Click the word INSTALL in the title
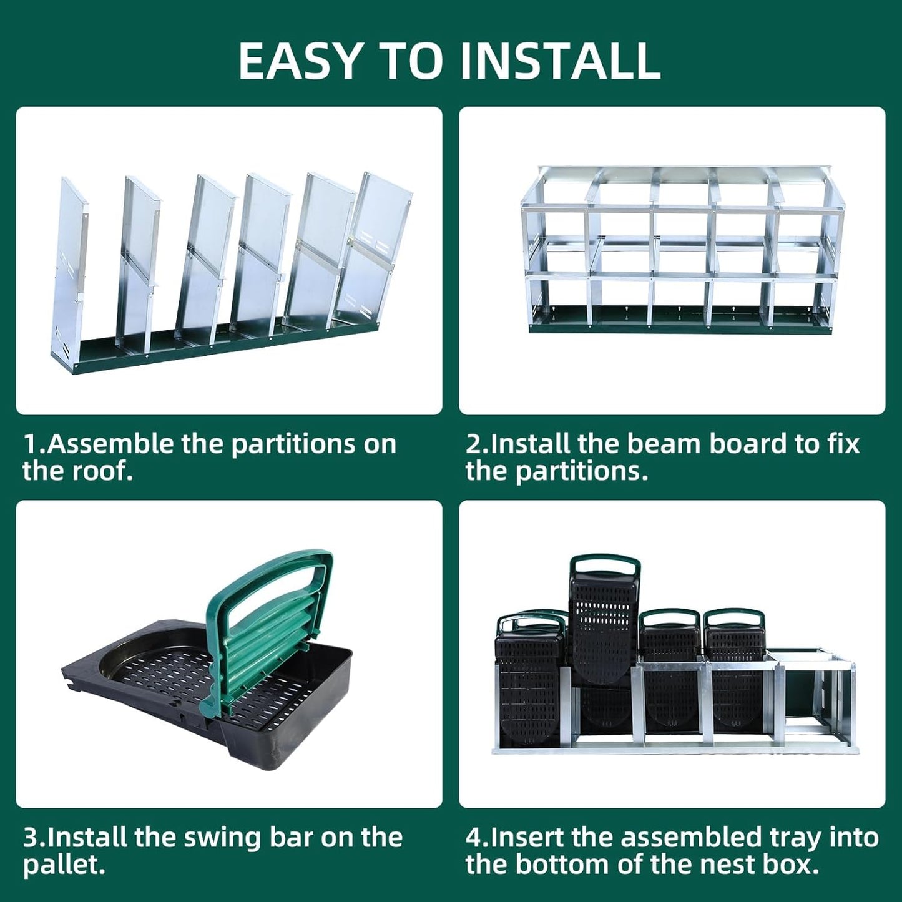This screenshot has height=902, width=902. coord(560,61)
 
